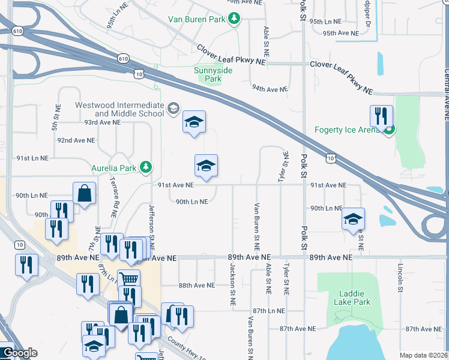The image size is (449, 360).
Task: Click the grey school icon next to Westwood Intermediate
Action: (173, 108)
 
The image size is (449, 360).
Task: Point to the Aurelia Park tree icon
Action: (145, 167)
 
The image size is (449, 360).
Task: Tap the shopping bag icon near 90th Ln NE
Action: (85, 193)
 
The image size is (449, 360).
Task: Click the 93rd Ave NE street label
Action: (102, 122)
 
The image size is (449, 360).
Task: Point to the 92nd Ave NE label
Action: (76, 140)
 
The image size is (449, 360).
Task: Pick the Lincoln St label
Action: (400, 279)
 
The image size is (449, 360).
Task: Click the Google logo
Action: (20, 353)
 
